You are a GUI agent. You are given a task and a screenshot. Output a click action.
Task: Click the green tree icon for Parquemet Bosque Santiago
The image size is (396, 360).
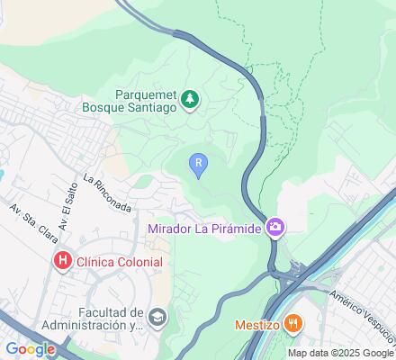click(189, 99)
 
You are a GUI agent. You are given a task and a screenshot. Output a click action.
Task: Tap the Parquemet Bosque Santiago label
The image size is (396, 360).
click(148, 99)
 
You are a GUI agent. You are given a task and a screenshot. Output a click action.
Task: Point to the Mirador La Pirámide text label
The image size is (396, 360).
click(204, 229)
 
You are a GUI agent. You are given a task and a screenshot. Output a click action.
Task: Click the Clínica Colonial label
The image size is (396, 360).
click(121, 262)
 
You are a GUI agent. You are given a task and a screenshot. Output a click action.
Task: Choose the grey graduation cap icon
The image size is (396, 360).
click(158, 316)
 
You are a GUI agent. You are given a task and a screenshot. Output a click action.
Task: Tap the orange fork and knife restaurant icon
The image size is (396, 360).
click(292, 323)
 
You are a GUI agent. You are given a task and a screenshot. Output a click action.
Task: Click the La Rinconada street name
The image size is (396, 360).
click(107, 193)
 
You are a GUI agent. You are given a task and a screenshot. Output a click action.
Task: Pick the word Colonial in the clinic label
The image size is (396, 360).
click(139, 262)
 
